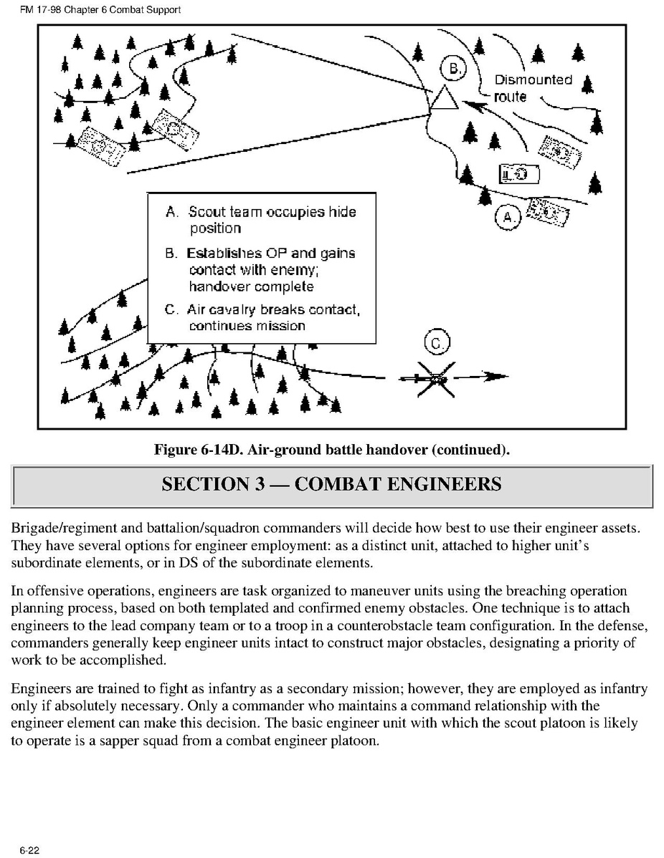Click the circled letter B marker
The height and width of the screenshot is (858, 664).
click(x=452, y=69)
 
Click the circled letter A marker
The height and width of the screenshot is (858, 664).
click(x=508, y=217)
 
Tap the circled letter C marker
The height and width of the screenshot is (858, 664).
click(x=435, y=343)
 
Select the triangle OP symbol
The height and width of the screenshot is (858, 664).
click(x=444, y=98)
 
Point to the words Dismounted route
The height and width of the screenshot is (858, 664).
click(x=532, y=87)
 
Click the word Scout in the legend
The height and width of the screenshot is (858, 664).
click(x=206, y=212)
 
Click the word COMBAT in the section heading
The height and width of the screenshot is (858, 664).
click(x=337, y=484)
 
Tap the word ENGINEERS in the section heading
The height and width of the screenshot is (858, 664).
click(x=444, y=484)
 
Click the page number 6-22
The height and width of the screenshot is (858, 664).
click(x=29, y=850)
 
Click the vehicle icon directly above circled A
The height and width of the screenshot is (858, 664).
click(x=519, y=174)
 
